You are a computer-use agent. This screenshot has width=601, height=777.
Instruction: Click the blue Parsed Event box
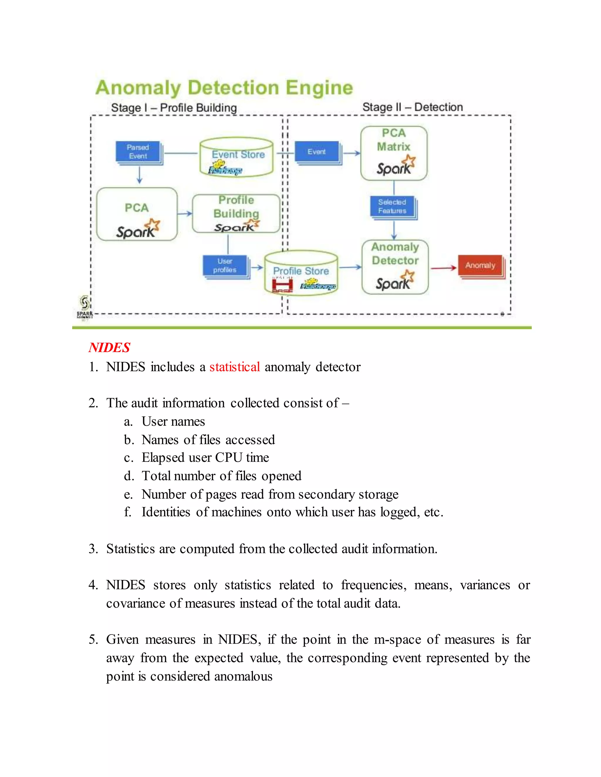click(x=138, y=152)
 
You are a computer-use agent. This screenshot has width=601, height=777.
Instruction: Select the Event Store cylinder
click(x=237, y=157)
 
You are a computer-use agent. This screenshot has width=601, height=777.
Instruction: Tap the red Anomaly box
click(x=480, y=265)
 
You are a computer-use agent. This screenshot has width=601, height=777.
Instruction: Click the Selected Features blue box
click(x=392, y=207)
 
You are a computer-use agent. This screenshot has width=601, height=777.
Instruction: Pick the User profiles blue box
click(x=225, y=266)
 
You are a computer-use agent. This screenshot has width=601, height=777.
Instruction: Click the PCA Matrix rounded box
click(x=394, y=153)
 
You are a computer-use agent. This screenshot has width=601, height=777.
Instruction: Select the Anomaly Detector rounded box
click(x=395, y=267)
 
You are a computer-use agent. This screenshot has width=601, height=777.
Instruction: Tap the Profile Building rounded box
click(x=236, y=213)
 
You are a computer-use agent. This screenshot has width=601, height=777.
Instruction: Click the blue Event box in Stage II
click(x=317, y=152)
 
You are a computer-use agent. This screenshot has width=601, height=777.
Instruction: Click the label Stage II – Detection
click(x=412, y=107)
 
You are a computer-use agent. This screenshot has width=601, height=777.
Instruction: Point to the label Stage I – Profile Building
click(x=174, y=108)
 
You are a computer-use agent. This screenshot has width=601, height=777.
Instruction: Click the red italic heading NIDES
click(x=109, y=347)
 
